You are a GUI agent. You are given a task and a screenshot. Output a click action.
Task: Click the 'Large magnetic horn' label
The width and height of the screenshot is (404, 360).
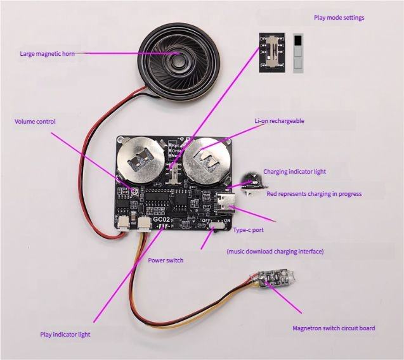pyautogui.click(x=47, y=54)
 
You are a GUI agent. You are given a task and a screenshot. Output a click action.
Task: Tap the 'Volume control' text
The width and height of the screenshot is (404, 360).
pyautogui.click(x=36, y=122)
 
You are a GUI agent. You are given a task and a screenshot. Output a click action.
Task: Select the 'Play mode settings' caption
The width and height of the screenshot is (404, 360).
pyautogui.click(x=339, y=18)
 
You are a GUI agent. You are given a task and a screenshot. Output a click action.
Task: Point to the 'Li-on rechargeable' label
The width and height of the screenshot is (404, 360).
pyautogui.click(x=279, y=120)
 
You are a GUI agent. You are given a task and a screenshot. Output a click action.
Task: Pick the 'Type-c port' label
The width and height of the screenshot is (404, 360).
pyautogui.click(x=249, y=231)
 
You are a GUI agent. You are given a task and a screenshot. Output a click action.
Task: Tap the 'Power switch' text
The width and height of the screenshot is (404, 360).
pyautogui.click(x=166, y=260)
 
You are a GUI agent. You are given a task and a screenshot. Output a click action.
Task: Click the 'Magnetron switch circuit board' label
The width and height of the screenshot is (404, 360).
pyautogui.click(x=334, y=328)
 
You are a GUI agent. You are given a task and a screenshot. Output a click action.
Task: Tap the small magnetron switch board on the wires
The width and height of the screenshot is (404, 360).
pyautogui.click(x=273, y=280)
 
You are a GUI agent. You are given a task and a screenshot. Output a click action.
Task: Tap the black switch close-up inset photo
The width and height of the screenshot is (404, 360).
pyautogui.click(x=271, y=52)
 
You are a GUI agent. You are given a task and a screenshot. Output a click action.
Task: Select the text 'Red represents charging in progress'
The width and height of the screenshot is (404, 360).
pyautogui.click(x=314, y=194)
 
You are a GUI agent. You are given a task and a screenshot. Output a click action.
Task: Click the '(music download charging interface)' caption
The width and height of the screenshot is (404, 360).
pyautogui.click(x=275, y=252)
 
